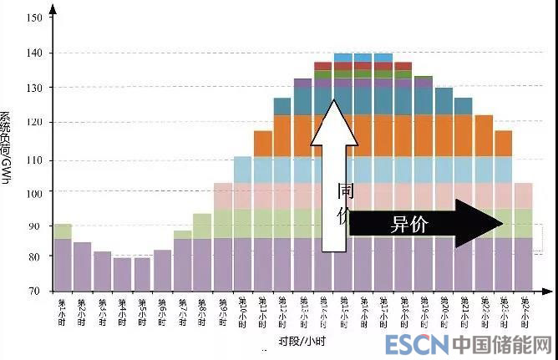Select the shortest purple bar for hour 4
coord(122,274)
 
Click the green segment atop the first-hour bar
coord(63,231)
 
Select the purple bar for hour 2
coord(83,266)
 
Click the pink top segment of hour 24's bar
coord(524,195)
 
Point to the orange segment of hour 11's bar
coord(263,144)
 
